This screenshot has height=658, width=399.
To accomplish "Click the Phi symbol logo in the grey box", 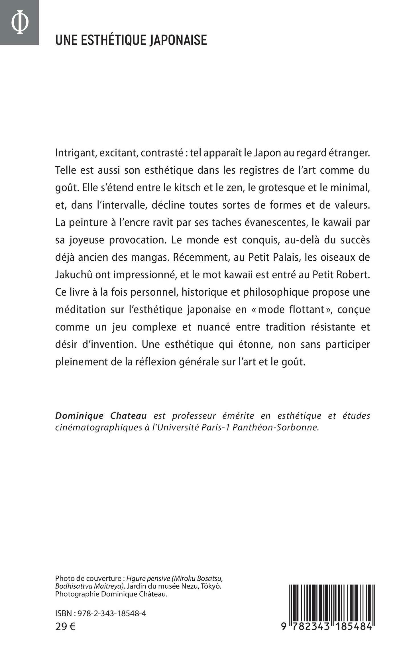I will coord(19,23).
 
